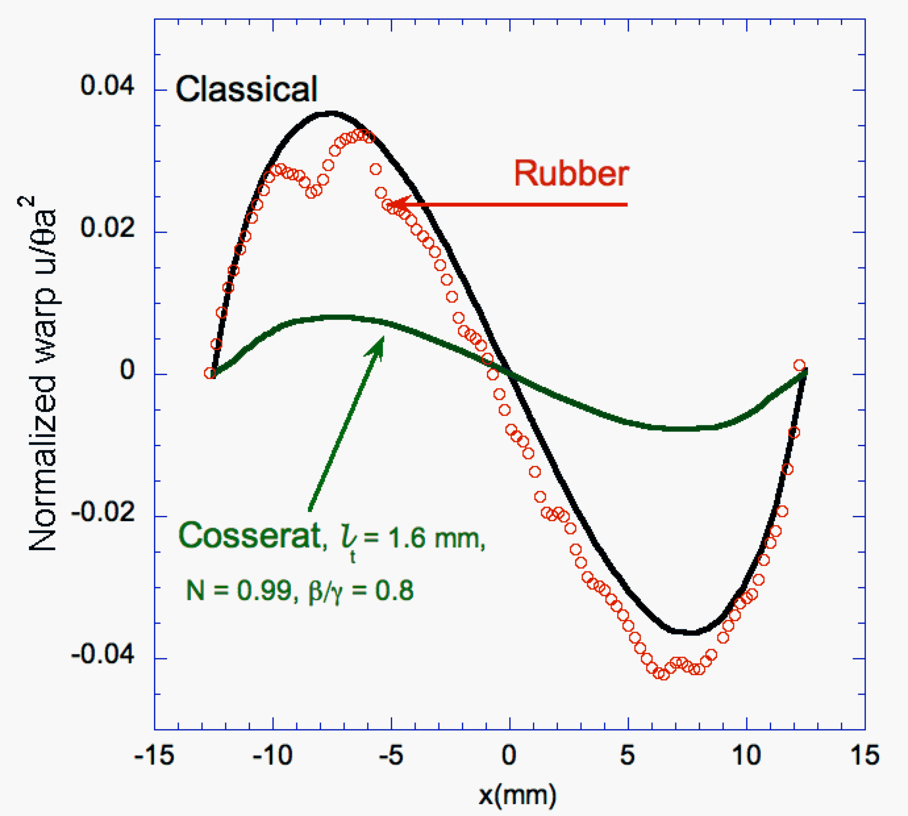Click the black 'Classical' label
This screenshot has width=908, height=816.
coord(246,89)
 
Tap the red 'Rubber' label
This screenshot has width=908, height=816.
coord(571,174)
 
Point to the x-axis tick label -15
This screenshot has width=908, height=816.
coord(154,755)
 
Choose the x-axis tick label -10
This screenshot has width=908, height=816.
coord(272,755)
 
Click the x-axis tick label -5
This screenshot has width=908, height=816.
coord(390,755)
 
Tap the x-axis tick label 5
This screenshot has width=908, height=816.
coord(628,755)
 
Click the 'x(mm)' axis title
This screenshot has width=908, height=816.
coord(517,795)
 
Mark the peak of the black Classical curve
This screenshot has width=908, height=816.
coord(331,113)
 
